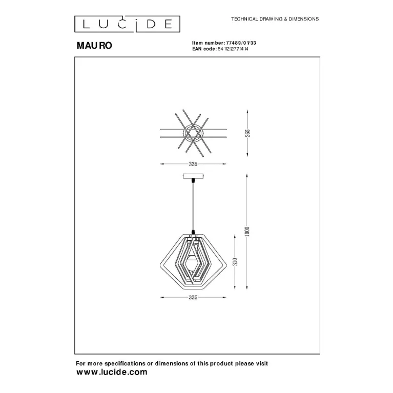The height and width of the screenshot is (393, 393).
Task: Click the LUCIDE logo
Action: (127, 24)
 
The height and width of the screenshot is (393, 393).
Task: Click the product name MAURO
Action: (94, 46)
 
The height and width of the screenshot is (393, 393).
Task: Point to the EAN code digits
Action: (233, 49)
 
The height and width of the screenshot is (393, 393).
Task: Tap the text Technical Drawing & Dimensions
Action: (275, 19)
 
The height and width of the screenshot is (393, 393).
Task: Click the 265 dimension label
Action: (247, 133)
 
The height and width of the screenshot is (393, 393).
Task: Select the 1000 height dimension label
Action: (247, 231)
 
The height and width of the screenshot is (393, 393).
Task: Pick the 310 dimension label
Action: (235, 262)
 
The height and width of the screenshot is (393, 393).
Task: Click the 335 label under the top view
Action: (193, 164)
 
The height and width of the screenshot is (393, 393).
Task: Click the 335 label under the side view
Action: (193, 297)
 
